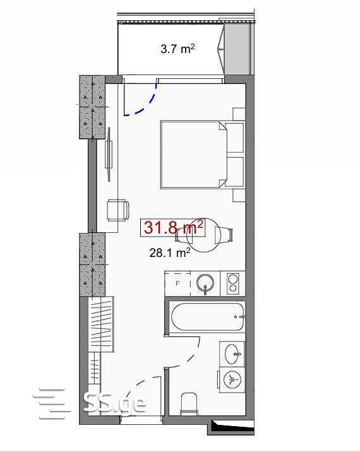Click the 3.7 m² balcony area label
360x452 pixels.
pos(177,49)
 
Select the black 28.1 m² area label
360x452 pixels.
pos(170,253)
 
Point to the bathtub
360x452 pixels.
pos(208,316)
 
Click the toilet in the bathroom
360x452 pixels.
pos(189,403)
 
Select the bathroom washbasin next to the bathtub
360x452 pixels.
pos(232,354)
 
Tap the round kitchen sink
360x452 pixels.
pos(205,283)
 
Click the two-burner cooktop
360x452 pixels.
pos(232,283)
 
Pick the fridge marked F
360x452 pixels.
pos(177,283)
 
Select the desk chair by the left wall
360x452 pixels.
pos(117,210)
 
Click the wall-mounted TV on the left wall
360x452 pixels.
pos(109,155)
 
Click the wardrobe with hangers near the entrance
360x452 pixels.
pos(102,324)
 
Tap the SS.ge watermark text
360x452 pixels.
pos(114,403)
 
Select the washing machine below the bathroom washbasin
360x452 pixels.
pos(232,379)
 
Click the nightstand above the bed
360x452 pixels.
pos(239,114)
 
